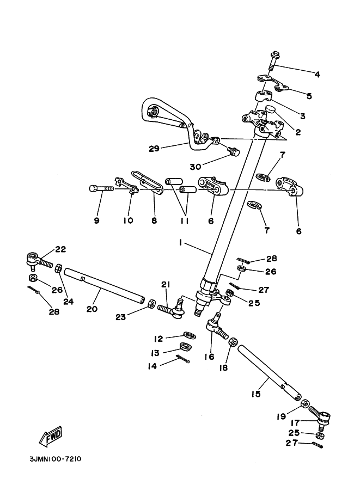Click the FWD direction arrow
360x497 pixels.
(x=50, y=436)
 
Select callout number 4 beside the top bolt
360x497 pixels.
(x=317, y=74)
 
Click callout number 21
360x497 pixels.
(x=166, y=284)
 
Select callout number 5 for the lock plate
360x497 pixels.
(x=309, y=96)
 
